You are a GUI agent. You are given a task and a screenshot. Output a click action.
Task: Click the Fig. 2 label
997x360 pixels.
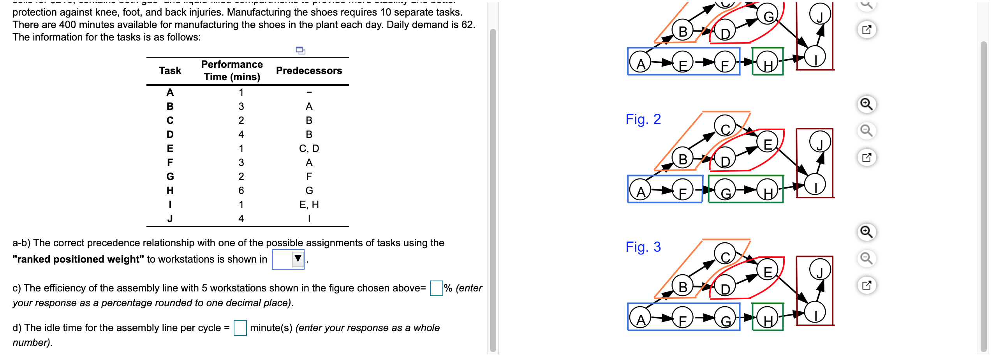point(643,119)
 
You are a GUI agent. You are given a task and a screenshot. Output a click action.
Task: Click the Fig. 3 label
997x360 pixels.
point(643,247)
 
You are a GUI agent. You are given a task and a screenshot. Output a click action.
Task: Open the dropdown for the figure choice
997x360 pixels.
point(298,259)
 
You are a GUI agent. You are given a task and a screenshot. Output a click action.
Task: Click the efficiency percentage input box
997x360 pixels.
point(436,288)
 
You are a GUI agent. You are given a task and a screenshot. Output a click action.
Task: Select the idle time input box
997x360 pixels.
point(240,328)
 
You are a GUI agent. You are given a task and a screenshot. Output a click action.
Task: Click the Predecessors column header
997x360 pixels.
point(309,71)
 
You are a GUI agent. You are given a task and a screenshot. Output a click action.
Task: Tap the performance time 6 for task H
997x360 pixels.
point(241,191)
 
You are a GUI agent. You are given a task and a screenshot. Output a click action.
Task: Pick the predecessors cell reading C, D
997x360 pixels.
point(309,148)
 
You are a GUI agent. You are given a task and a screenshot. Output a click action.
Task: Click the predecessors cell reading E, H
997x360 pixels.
point(309,205)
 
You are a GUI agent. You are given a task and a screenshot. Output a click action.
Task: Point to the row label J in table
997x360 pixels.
point(170,219)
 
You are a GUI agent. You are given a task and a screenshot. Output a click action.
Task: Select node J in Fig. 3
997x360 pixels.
point(820,269)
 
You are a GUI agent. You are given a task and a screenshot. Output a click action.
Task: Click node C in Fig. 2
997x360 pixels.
point(725,126)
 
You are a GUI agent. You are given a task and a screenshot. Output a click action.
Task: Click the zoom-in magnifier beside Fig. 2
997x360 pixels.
point(866,104)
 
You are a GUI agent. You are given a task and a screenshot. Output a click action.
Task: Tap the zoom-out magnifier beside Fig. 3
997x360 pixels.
point(866,258)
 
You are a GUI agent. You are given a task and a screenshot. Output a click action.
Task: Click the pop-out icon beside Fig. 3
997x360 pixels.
point(866,285)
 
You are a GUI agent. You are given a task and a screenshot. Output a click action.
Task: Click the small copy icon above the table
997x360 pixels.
point(300,50)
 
